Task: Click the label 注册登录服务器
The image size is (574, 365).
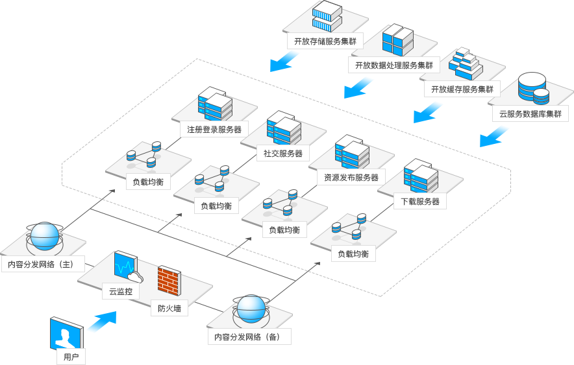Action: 214,130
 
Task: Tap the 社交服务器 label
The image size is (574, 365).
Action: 283,154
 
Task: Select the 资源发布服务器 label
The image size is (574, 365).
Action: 351,177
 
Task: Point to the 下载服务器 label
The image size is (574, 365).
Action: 420,202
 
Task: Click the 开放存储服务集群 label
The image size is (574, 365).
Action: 325,41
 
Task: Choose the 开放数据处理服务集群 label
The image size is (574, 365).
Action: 394,65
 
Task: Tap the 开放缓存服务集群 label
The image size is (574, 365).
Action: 462,89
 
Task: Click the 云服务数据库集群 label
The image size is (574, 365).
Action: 530,114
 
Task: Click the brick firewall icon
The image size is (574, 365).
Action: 169,280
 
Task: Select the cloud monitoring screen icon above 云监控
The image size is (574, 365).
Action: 125,266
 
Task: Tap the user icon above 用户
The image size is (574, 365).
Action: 66,336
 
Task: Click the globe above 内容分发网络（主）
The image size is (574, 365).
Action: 44,237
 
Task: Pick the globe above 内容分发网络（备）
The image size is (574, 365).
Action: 251,309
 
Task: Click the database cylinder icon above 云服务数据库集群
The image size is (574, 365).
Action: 533,89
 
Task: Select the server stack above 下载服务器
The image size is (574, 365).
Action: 420,177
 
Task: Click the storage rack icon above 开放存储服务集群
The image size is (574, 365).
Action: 326,16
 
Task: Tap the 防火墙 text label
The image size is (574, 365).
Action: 169,309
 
